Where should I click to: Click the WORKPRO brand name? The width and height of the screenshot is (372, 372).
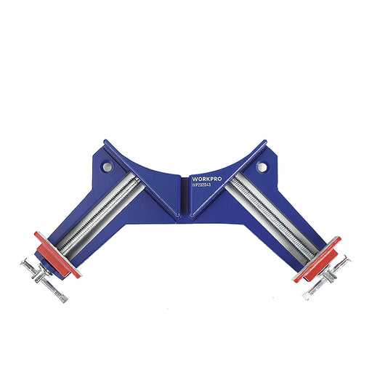tap(207, 179)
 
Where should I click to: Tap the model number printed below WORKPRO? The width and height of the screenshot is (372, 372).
tap(201, 185)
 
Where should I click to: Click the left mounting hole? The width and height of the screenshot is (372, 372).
tap(107, 166)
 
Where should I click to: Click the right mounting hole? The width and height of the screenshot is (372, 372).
tap(262, 166)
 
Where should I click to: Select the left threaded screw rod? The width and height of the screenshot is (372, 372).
tap(99, 216)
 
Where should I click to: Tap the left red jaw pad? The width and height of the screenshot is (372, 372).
tap(57, 255)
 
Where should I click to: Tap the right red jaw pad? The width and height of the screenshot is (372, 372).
tap(318, 259)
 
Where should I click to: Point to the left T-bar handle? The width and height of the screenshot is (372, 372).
tap(44, 281)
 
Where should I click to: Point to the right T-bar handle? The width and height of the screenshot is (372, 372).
tap(326, 278)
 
